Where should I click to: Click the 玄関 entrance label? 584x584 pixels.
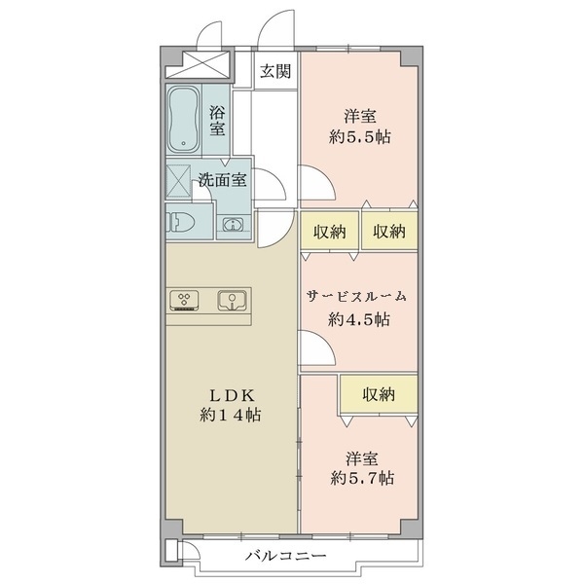pyautogui.click(x=275, y=71)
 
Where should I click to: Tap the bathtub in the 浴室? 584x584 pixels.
pyautogui.click(x=183, y=120)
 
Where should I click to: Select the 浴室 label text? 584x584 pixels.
pyautogui.click(x=217, y=121)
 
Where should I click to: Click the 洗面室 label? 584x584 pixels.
pyautogui.click(x=222, y=180)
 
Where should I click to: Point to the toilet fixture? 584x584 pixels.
pyautogui.click(x=180, y=222)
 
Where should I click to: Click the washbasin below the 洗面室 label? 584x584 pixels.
pyautogui.click(x=233, y=224)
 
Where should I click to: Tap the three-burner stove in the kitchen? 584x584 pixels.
pyautogui.click(x=184, y=300)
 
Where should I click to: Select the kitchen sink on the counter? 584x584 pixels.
pyautogui.click(x=232, y=300)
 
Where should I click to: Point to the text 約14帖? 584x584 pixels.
pyautogui.click(x=231, y=415)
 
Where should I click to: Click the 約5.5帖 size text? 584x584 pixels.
pyautogui.click(x=360, y=137)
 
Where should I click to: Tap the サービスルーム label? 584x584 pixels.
pyautogui.click(x=356, y=297)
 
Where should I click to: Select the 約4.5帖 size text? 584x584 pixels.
pyautogui.click(x=359, y=319)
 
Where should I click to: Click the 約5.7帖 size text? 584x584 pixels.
pyautogui.click(x=362, y=478)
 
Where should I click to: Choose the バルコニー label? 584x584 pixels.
pyautogui.click(x=285, y=556)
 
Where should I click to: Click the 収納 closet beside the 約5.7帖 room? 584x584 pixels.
pyautogui.click(x=379, y=394)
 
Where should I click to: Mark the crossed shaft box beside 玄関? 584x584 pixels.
pyautogui.click(x=197, y=65)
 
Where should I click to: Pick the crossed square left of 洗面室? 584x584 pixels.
pyautogui.click(x=178, y=180)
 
